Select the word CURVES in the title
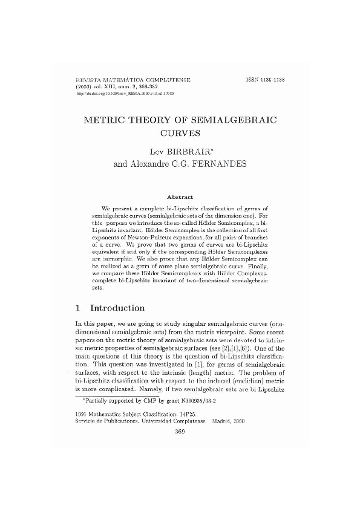pyautogui.click(x=180, y=133)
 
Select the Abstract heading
pyautogui.click(x=180, y=196)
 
